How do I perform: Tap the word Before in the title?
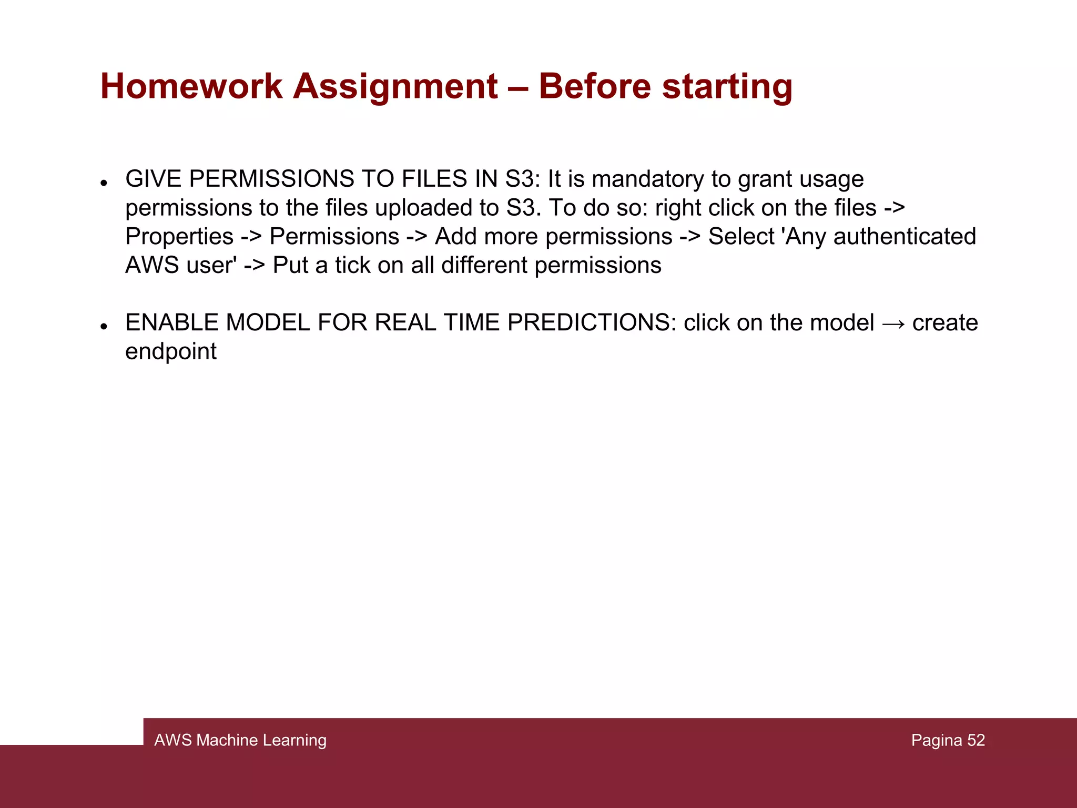point(594,86)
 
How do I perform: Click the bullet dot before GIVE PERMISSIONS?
point(104,183)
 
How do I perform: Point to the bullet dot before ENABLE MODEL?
point(104,327)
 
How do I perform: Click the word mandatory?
point(648,179)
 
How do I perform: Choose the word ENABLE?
point(171,323)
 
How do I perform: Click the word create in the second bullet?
point(945,323)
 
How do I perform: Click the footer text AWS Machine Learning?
point(240,740)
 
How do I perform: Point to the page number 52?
point(976,740)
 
